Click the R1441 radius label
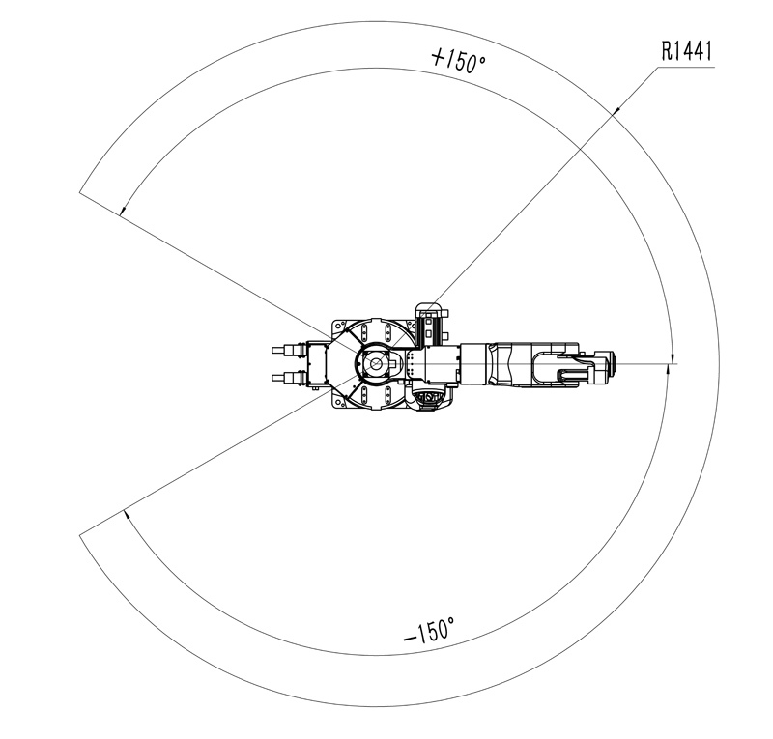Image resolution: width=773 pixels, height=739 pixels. point(687,51)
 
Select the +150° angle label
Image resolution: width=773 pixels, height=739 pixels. point(458,61)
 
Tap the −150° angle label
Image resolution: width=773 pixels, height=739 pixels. point(429,631)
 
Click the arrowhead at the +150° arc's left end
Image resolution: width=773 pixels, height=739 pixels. point(123,211)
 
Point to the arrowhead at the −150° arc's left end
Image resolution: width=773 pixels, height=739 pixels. point(127,515)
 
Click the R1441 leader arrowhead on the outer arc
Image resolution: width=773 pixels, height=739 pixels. point(617,110)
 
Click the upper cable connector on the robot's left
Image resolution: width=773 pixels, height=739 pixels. point(288,350)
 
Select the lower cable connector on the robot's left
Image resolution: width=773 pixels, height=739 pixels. point(288,378)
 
